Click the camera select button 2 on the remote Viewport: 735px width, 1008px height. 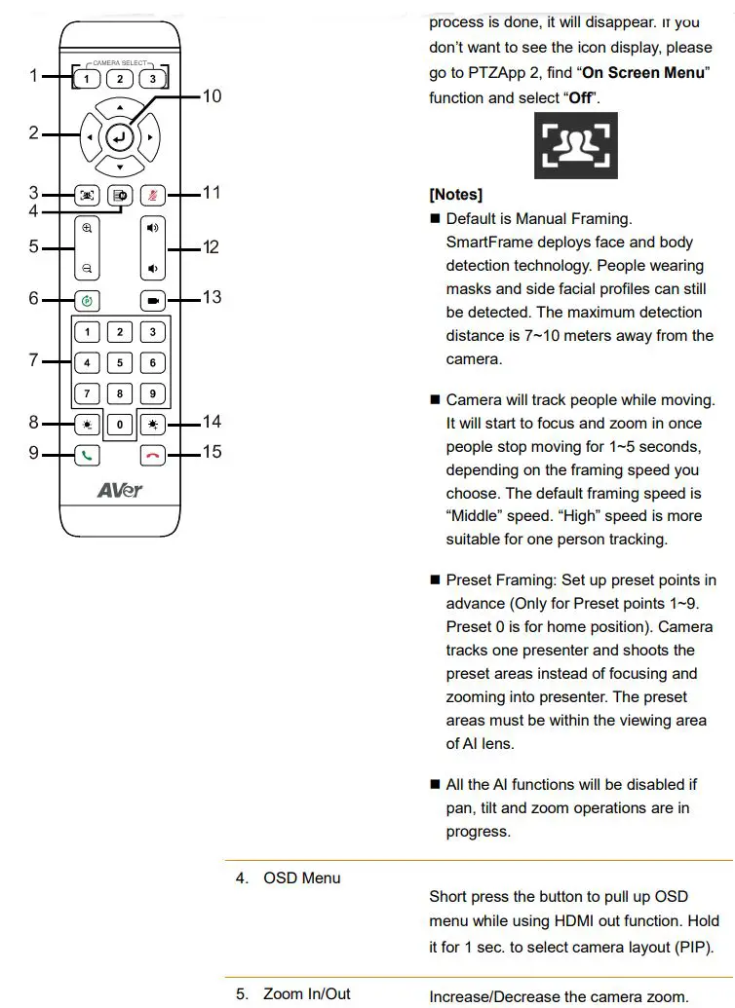point(119,79)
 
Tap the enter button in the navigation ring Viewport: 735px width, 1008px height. point(119,137)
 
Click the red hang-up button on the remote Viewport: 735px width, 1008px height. point(152,454)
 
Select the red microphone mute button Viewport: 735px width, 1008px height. point(152,195)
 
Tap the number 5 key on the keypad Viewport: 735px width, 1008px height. point(119,363)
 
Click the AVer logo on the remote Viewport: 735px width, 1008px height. point(119,489)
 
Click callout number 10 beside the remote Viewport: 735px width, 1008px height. point(212,96)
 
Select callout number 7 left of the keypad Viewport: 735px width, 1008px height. point(33,360)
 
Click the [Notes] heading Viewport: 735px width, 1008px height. point(455,195)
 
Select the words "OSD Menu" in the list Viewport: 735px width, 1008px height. point(302,877)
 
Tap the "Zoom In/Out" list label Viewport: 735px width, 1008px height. point(307,994)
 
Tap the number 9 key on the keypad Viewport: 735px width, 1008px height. point(152,394)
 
